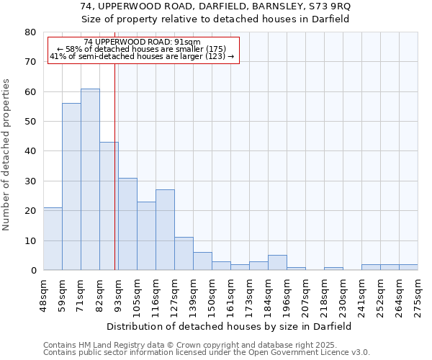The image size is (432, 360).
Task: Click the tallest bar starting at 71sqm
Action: tap(90, 179)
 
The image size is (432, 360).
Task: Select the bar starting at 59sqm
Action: tap(71, 186)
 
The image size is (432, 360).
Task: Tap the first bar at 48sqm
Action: tap(53, 239)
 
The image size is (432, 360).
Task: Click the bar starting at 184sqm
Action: tap(277, 263)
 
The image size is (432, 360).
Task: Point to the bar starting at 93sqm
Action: tap(127, 224)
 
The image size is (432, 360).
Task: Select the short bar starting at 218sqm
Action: tap(333, 269)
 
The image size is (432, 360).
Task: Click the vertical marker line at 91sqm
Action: tap(114, 166)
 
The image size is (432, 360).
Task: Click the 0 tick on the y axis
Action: tap(33, 270)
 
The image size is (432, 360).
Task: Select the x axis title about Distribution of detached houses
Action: tap(230, 326)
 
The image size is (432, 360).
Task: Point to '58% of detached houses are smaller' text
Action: tap(142, 49)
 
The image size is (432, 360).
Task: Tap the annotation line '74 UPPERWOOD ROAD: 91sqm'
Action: tap(142, 42)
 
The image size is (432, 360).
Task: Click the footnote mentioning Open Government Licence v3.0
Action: tap(207, 353)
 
